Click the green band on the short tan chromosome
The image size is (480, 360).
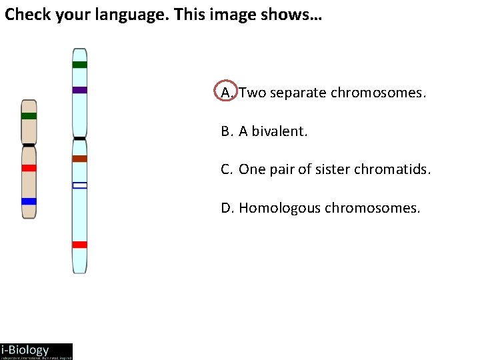[29, 116]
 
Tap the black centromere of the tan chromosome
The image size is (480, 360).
[29, 145]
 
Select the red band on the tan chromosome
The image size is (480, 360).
[29, 168]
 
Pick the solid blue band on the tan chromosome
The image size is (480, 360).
[29, 201]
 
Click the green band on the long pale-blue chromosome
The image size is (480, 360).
[80, 65]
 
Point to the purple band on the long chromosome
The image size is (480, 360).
[80, 90]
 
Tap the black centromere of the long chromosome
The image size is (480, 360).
[80, 139]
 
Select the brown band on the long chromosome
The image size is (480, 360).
[80, 159]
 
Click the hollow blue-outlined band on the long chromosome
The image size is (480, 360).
[80, 185]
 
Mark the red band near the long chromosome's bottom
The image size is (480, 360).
[80, 245]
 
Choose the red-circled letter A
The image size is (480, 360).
[227, 92]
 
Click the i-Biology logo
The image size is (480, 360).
[36, 351]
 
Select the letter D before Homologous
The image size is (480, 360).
[226, 209]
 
